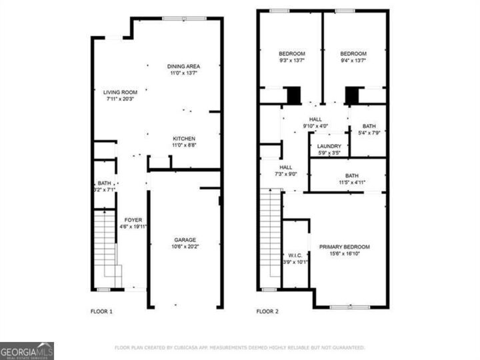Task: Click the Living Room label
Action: [120, 92]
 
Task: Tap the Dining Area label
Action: [183, 66]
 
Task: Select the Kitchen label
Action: [184, 139]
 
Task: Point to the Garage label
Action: [185, 240]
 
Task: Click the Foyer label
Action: [133, 219]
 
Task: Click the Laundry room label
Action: [329, 147]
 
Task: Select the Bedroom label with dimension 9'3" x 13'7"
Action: [291, 54]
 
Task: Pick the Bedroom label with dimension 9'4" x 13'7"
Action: [353, 54]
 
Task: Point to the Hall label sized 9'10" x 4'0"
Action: [315, 119]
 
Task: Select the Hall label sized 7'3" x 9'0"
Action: [286, 167]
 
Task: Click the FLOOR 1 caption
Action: [101, 311]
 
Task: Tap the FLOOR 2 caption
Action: [268, 311]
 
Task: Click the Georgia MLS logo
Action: [27, 351]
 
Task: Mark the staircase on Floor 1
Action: [105, 247]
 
